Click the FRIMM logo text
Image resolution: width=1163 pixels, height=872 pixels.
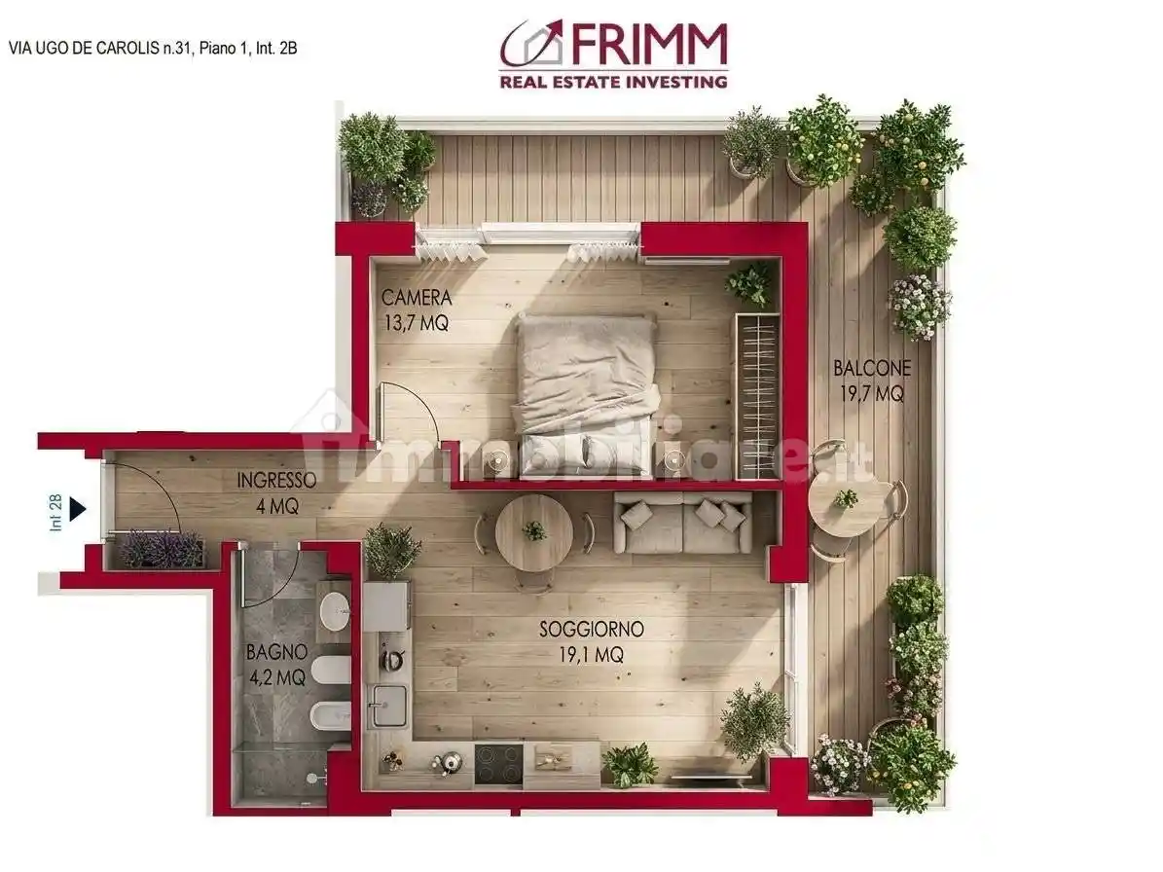coord(648,45)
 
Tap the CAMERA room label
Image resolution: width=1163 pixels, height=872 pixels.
coord(417,298)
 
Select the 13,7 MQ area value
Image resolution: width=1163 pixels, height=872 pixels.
coord(417,323)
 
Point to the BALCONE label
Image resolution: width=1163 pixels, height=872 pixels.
coord(872,369)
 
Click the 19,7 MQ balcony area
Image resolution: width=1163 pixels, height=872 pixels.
coord(872,394)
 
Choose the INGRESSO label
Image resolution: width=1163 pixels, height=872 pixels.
coord(276,480)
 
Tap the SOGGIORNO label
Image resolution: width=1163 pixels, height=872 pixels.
coord(592,630)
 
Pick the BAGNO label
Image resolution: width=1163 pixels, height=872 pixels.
coord(276,651)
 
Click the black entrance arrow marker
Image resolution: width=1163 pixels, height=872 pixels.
coord(78,508)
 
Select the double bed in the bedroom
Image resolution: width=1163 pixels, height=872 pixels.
coord(586,389)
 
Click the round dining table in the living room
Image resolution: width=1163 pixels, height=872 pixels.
coord(533,532)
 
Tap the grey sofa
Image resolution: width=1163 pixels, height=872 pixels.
coord(683,523)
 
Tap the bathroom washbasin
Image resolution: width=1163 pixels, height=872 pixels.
coord(333,611)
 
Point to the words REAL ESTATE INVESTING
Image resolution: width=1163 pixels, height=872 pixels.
coord(613,82)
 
